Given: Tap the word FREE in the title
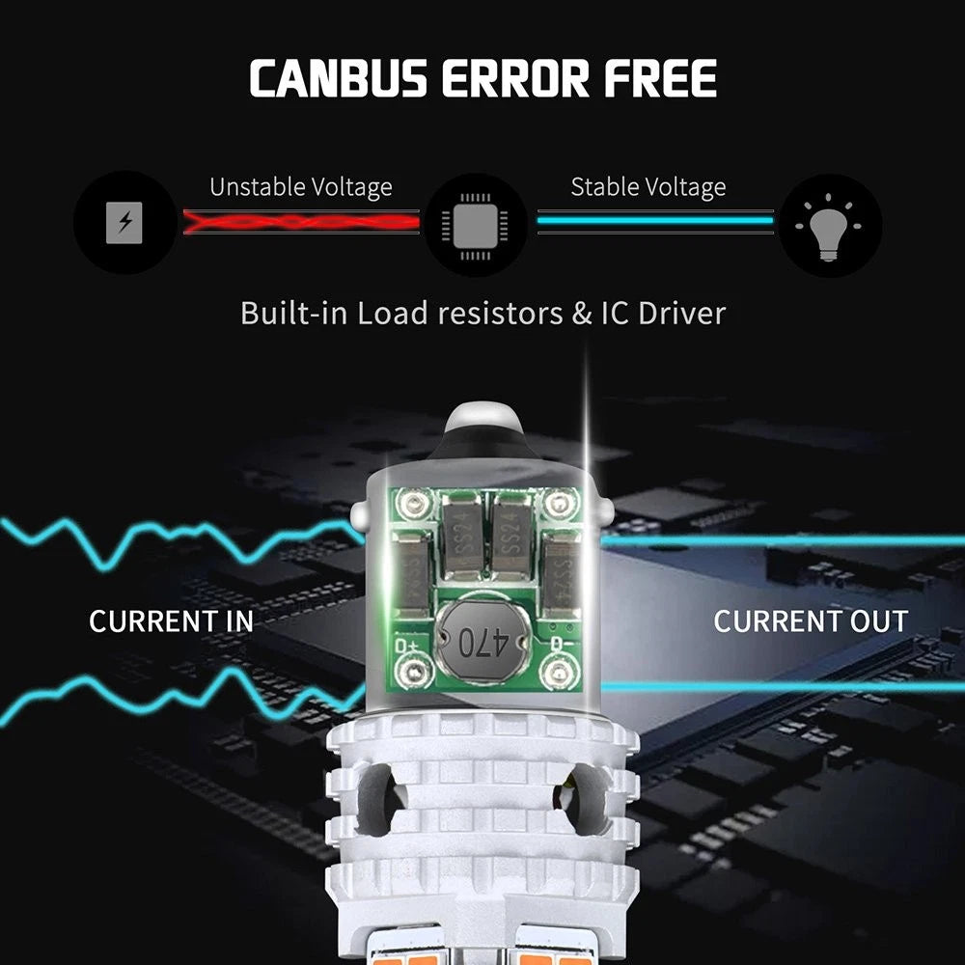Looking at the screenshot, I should (x=661, y=79).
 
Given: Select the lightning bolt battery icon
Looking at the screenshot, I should (x=124, y=223).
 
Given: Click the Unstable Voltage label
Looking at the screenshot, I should (x=301, y=186).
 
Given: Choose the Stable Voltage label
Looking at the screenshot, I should (x=648, y=186).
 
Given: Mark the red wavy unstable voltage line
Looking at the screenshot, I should (x=301, y=222).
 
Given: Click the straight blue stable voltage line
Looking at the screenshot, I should (x=655, y=221).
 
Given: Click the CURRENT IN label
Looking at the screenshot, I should (x=172, y=621).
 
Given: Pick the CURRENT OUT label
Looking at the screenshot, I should (x=811, y=621).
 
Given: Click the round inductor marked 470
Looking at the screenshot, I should (x=475, y=638).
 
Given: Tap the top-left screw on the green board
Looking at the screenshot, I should (x=417, y=502).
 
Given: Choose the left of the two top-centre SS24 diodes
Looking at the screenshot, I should (x=459, y=529).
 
